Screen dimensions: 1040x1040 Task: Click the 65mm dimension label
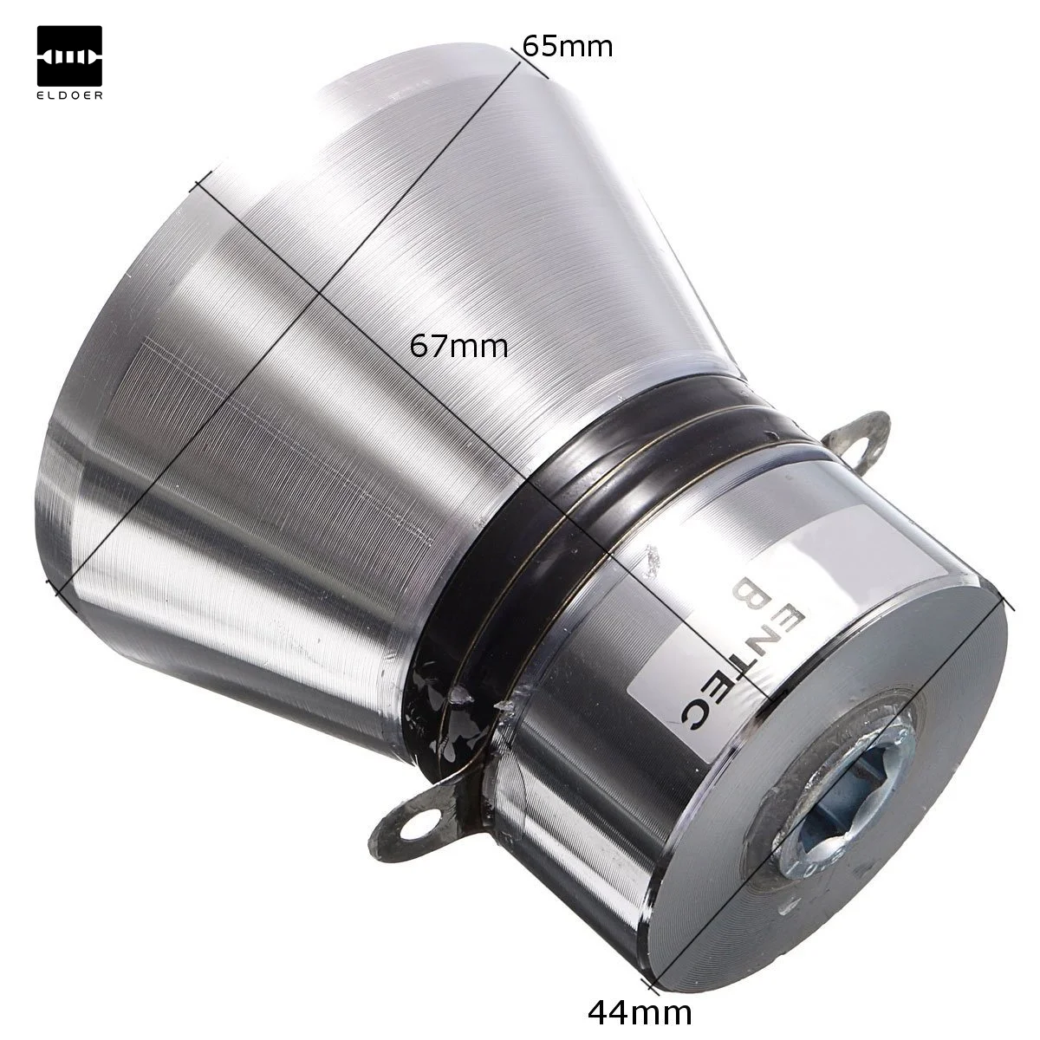(567, 45)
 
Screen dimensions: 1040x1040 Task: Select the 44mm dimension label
(640, 1010)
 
